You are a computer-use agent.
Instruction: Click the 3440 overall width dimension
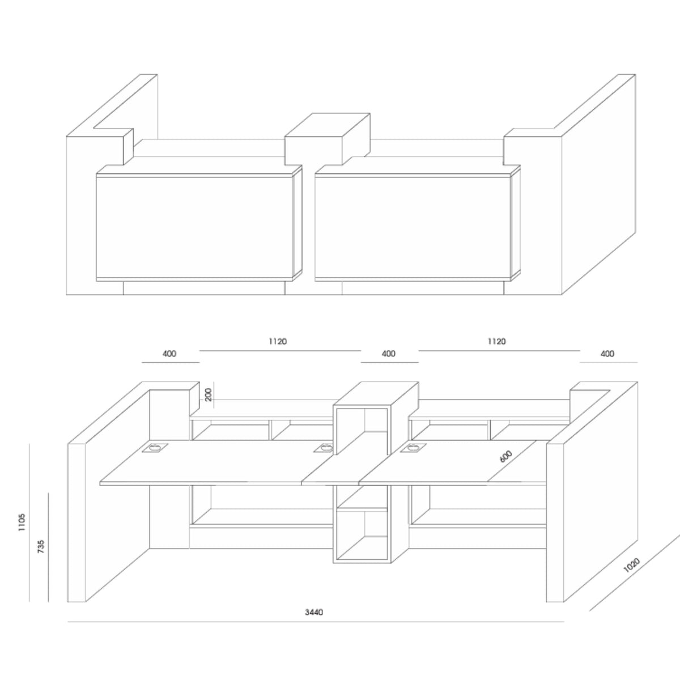[x=314, y=612]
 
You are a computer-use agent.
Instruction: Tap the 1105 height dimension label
[x=22, y=522]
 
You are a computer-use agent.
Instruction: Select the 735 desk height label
[x=41, y=546]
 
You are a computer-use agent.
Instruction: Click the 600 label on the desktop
[x=505, y=457]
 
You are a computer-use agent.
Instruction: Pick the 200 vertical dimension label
[x=208, y=394]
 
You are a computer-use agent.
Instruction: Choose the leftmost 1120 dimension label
[x=278, y=341]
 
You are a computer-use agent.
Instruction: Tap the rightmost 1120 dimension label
[x=496, y=341]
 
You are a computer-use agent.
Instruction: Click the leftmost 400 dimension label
[x=169, y=354]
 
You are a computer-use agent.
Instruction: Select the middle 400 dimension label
[x=389, y=354]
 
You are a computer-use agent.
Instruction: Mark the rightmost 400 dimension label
[x=607, y=354]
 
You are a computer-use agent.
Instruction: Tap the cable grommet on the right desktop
[x=411, y=448]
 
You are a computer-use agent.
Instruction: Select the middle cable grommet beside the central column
[x=323, y=448]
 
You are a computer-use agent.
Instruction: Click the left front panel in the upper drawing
[x=195, y=228]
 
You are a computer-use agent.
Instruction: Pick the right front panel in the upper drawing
[x=413, y=228]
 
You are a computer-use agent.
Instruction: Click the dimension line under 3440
[x=316, y=622]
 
